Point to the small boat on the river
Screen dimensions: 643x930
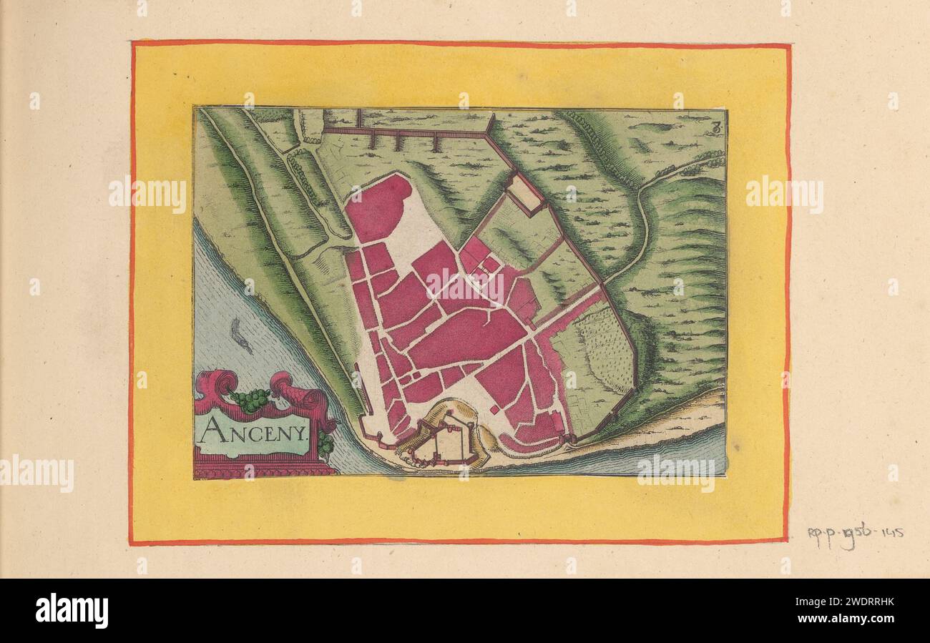[x=242, y=336]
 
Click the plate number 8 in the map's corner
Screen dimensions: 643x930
[x=716, y=129]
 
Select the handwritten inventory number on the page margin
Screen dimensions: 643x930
[x=855, y=534]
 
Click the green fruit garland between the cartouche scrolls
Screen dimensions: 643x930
[x=250, y=401]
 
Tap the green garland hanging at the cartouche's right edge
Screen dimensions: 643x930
[x=326, y=443]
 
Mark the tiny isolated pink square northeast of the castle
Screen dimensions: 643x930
[x=494, y=409]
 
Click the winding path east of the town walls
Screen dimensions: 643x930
[x=644, y=229]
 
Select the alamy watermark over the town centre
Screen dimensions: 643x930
[x=465, y=286]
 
